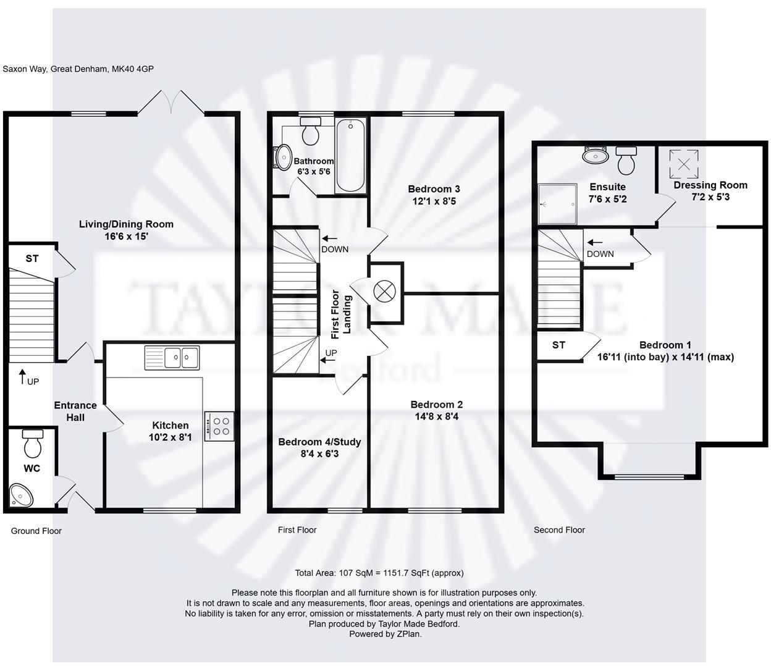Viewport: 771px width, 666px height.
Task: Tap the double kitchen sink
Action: click(172, 357)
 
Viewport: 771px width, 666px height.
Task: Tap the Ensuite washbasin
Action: click(596, 154)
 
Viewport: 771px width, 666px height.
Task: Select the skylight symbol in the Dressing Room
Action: click(684, 163)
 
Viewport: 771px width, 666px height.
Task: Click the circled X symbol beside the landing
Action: click(384, 291)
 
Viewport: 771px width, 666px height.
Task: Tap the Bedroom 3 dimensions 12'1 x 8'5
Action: click(434, 201)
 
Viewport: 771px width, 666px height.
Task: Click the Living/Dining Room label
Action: click(126, 224)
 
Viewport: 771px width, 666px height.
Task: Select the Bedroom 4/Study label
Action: click(319, 442)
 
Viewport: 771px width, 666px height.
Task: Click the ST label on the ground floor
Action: click(32, 258)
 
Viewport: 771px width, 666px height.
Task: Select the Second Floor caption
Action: click(559, 529)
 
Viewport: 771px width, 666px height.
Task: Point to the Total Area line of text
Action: click(379, 573)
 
